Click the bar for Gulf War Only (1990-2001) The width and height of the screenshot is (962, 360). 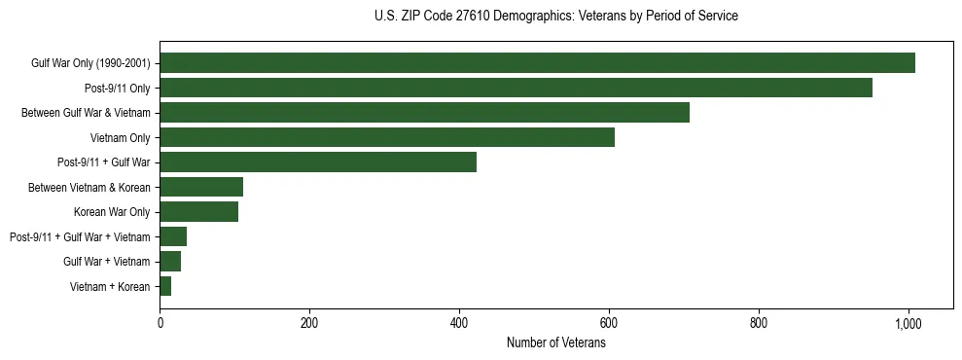(537, 63)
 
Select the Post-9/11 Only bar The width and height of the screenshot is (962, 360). (516, 88)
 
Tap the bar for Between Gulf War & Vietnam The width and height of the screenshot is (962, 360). (424, 113)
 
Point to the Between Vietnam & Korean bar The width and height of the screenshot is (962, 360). (201, 187)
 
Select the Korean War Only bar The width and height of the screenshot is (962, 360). (198, 212)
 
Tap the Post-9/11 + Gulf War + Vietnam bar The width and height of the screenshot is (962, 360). (173, 236)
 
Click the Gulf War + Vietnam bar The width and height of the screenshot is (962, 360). (170, 262)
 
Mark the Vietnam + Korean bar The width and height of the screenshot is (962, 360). (165, 286)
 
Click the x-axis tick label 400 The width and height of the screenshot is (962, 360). (459, 322)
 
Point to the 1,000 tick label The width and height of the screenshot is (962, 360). (908, 322)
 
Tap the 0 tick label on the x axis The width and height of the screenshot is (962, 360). (160, 322)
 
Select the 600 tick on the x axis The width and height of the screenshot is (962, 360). (609, 322)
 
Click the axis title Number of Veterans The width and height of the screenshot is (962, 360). (555, 342)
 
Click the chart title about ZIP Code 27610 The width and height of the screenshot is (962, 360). (555, 17)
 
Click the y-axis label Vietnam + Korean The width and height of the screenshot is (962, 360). (110, 287)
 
